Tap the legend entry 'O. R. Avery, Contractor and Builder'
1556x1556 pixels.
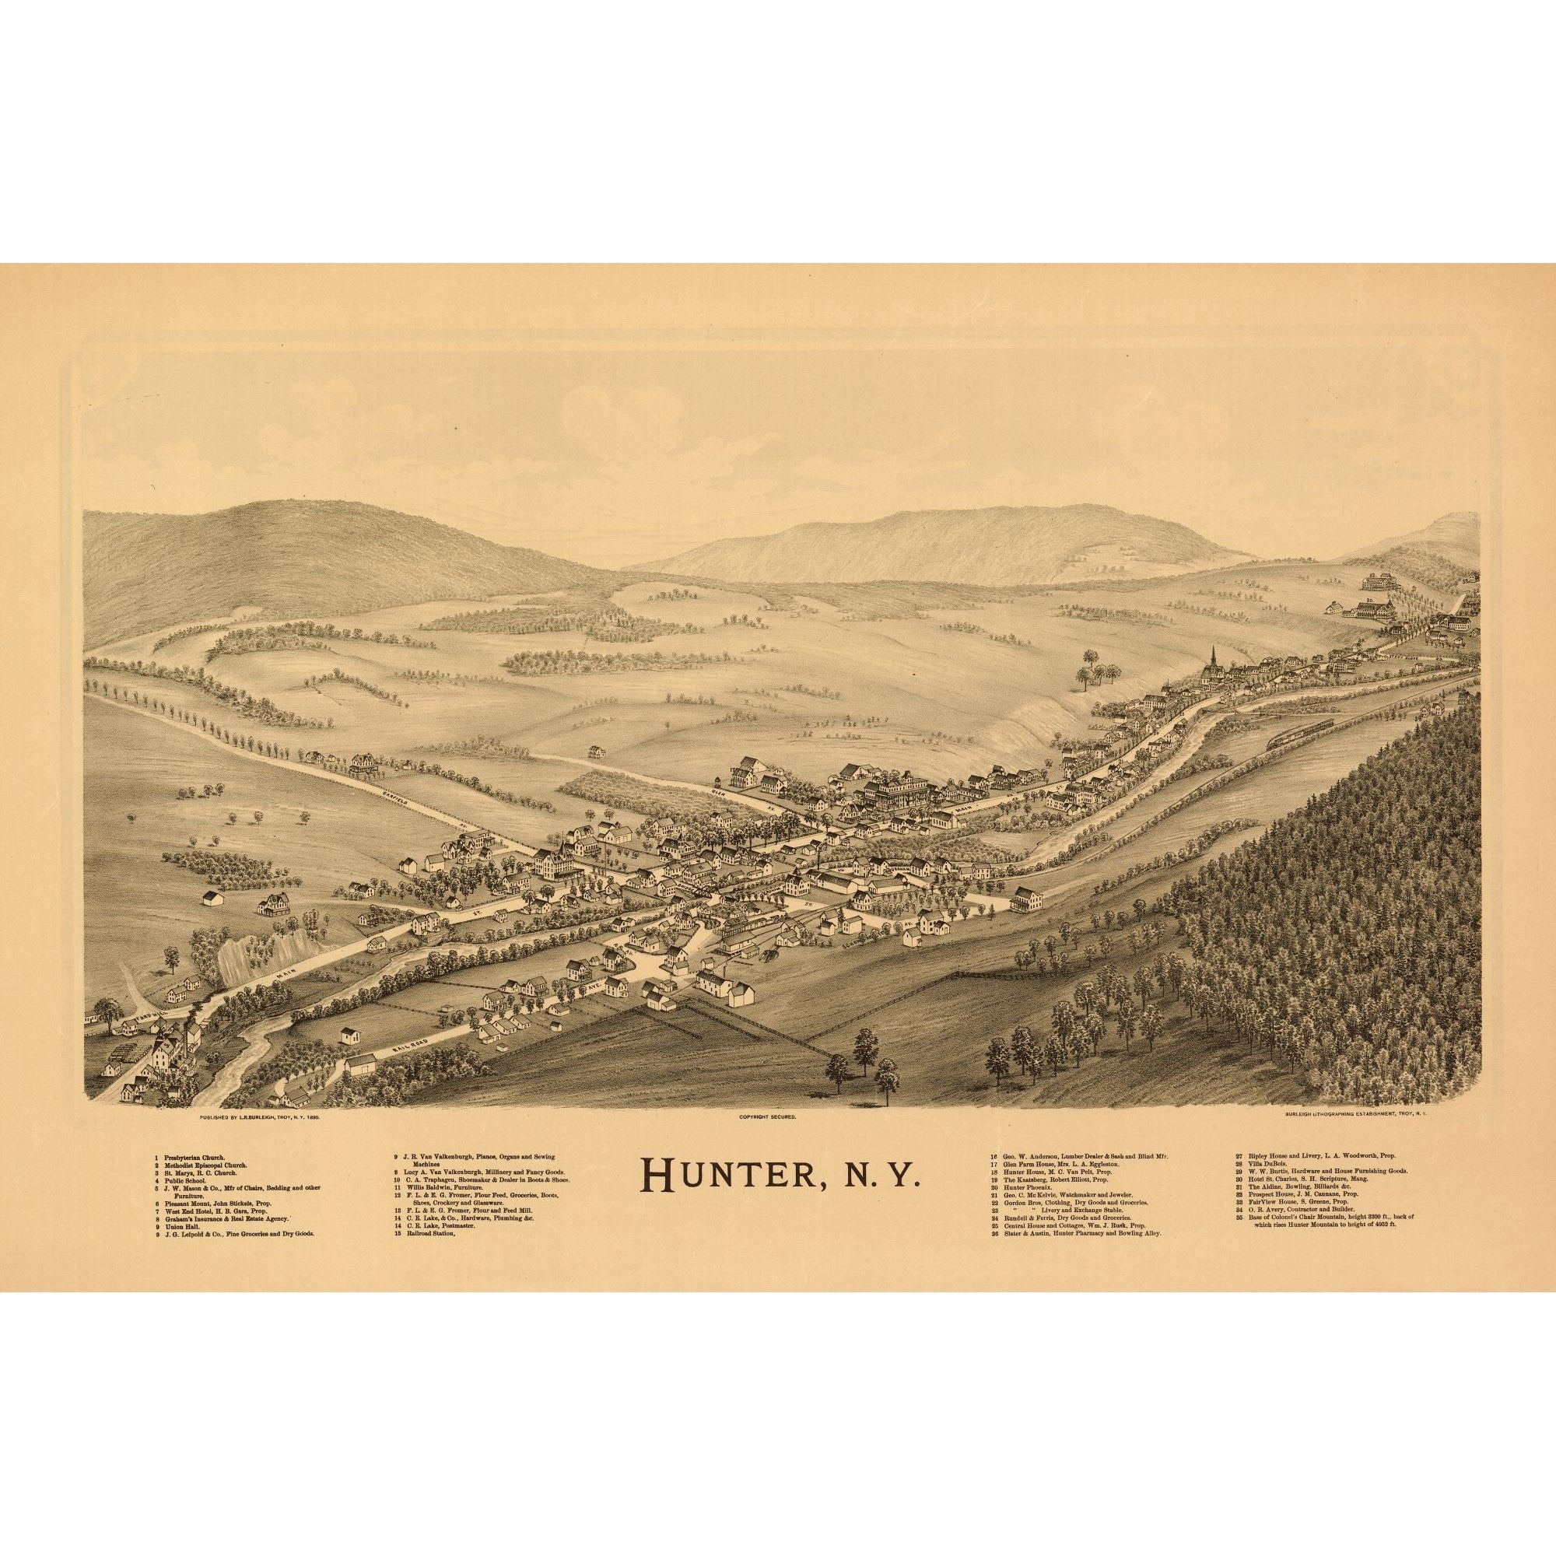(1299, 1210)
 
